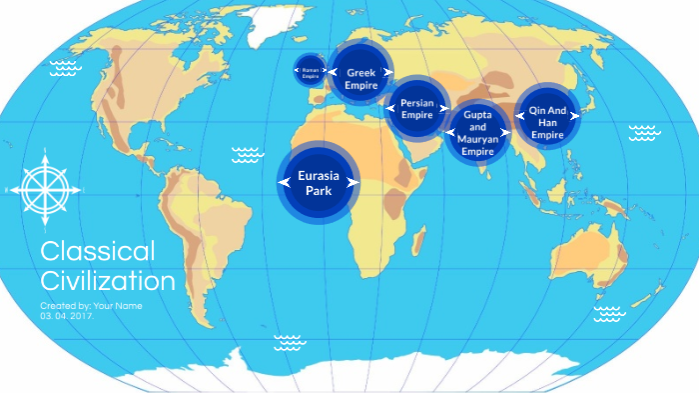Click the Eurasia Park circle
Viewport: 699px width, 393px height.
pyautogui.click(x=318, y=181)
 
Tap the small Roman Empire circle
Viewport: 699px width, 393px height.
pyautogui.click(x=310, y=71)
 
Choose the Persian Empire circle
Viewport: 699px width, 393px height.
pyautogui.click(x=417, y=108)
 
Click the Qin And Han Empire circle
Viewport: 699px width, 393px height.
pyautogui.click(x=547, y=118)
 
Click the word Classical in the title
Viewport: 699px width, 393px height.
pyautogui.click(x=98, y=251)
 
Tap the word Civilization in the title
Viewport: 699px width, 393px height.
pyautogui.click(x=108, y=280)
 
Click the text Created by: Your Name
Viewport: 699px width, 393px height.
pyautogui.click(x=92, y=304)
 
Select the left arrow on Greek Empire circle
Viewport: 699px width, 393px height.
pyautogui.click(x=337, y=72)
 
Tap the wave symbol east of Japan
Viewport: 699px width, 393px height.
pyautogui.click(x=644, y=131)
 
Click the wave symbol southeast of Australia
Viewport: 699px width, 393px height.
pyautogui.click(x=608, y=314)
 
